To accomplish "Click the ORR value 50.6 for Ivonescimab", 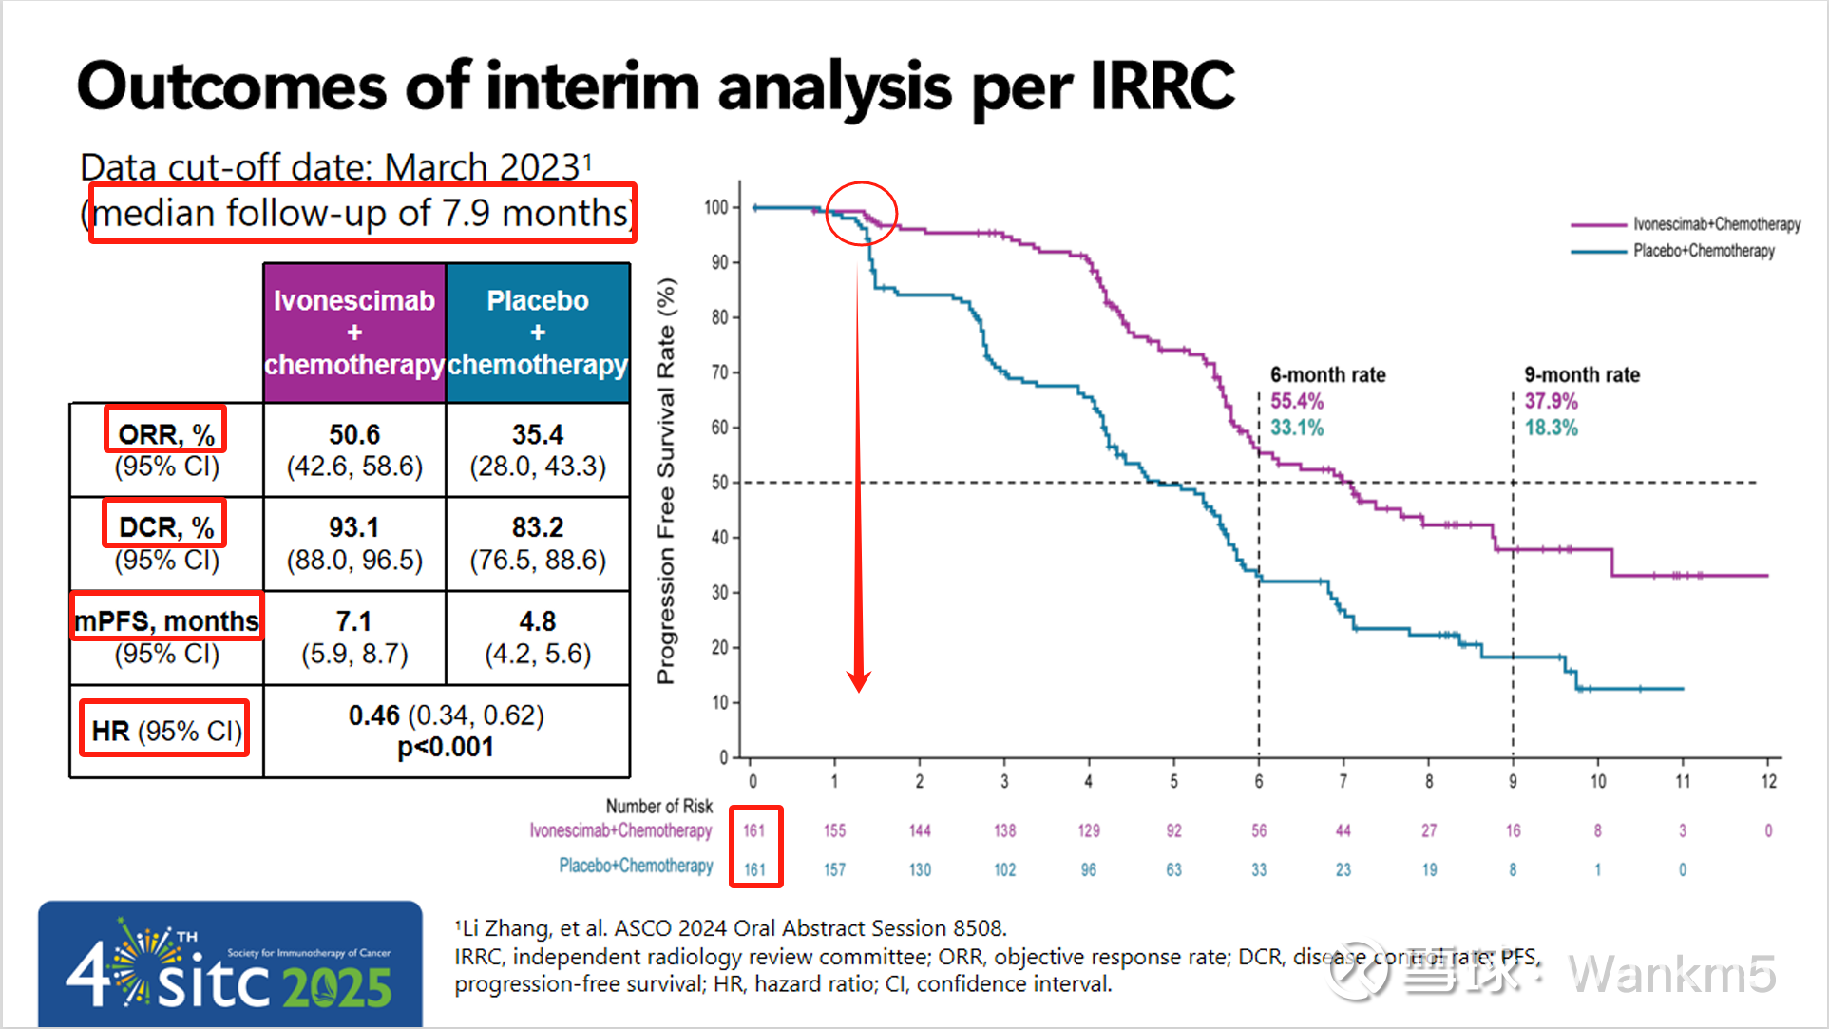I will coord(354,434).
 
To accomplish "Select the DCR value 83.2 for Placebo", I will coord(538,527).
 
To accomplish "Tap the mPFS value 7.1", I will coord(353,621).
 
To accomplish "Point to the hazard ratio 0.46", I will coord(373,715).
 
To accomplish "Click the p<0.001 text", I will coord(446,748).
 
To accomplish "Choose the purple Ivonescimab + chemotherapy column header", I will coord(354,333).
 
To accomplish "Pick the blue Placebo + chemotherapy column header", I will coord(538,333).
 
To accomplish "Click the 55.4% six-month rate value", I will coord(1297,401).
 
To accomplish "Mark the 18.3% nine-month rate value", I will coord(1551,428).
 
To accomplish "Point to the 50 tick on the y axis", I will coord(719,483).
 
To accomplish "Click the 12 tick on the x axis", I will coord(1768,781).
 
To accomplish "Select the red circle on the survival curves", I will coord(861,213).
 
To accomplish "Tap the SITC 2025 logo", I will coord(230,963).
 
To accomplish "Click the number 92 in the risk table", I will coord(1173,830).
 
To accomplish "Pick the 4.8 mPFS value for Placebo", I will coord(538,621).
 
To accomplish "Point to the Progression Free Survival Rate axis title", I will coord(666,481).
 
